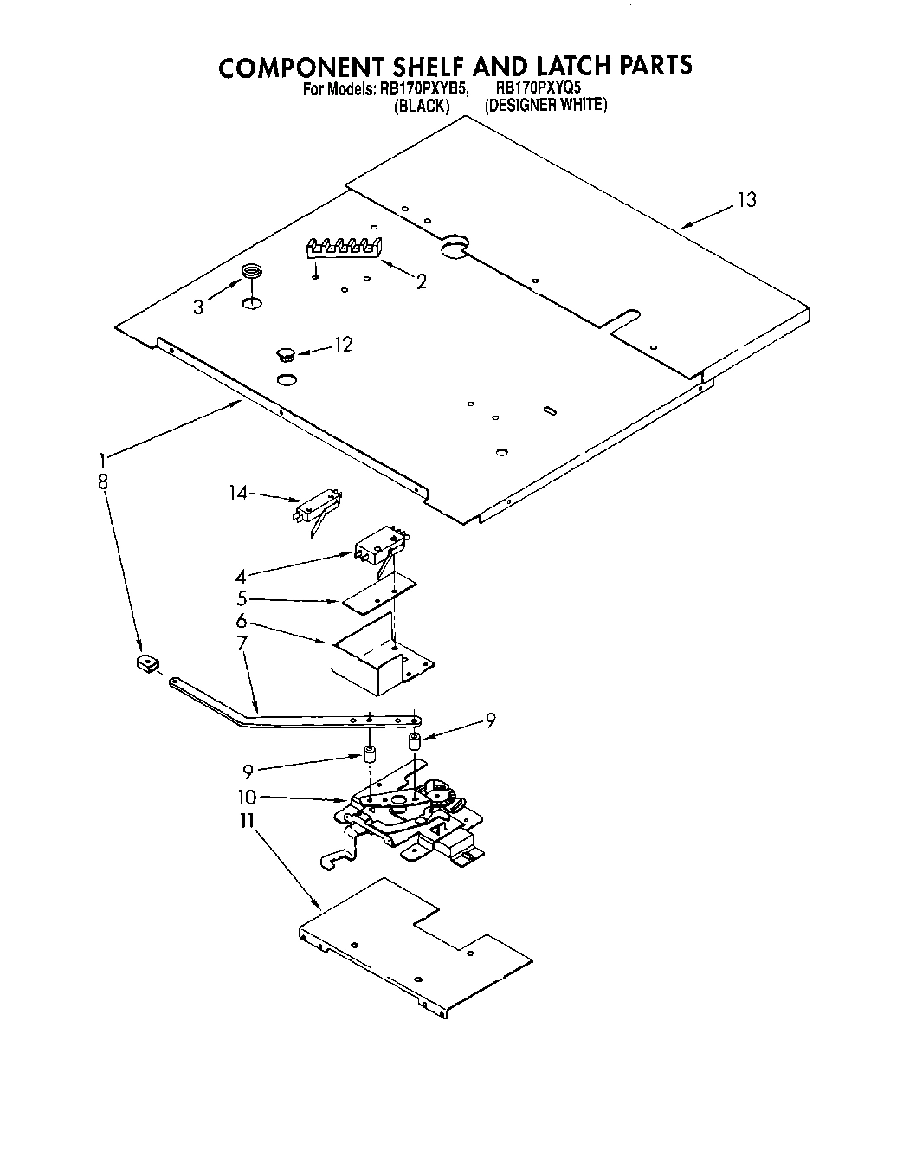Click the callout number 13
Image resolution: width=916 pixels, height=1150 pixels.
745,200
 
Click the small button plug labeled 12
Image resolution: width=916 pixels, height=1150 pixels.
285,352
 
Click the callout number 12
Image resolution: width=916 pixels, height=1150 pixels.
343,345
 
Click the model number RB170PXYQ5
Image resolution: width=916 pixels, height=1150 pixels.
538,88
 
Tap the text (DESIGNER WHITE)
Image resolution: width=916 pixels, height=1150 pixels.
546,106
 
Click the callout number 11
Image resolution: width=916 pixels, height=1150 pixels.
248,819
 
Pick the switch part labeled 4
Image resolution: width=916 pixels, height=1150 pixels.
378,546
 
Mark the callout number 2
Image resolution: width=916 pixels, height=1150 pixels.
421,281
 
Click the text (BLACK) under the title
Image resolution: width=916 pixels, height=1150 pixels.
421,106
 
